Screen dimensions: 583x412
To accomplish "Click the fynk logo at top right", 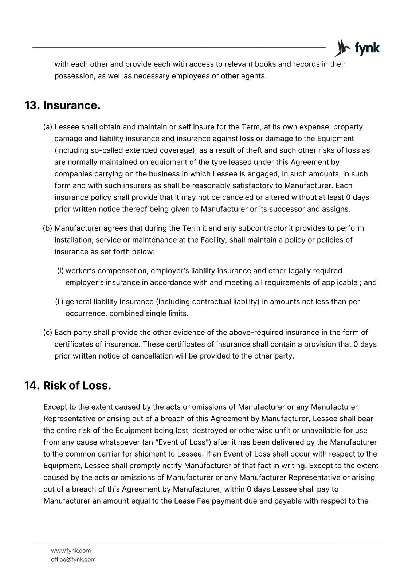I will click(x=357, y=48).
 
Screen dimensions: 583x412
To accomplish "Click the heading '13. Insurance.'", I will click(x=62, y=106).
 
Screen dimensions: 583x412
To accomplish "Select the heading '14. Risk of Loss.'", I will click(x=67, y=386).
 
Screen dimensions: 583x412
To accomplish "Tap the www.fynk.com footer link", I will click(x=71, y=551).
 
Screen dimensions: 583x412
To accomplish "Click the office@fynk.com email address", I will click(x=73, y=559).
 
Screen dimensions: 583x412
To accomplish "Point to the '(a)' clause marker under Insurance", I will click(x=48, y=127).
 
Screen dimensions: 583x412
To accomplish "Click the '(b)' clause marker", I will click(x=48, y=228).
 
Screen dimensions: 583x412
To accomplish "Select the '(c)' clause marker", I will click(x=48, y=333).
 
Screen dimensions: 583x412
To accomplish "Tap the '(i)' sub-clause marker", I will click(x=60, y=271).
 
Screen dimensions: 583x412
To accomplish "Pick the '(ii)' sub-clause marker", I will click(x=59, y=302).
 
